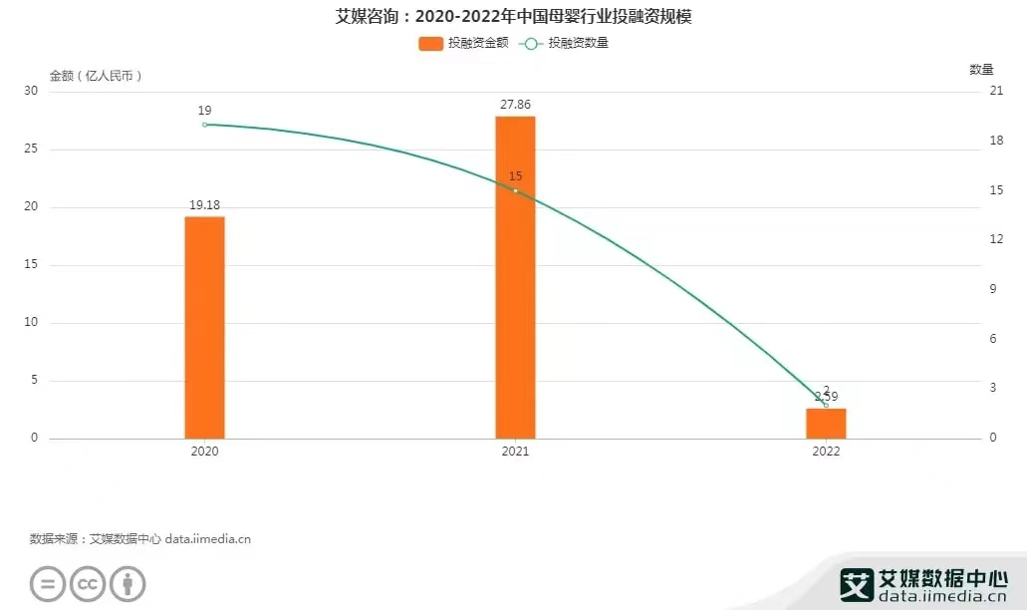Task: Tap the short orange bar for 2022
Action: pyautogui.click(x=826, y=423)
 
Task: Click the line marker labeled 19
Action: pyautogui.click(x=204, y=125)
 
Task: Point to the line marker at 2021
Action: pyautogui.click(x=515, y=190)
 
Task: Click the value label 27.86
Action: pyautogui.click(x=515, y=104)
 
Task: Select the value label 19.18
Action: pyautogui.click(x=204, y=205)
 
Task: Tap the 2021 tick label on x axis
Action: pyautogui.click(x=515, y=452)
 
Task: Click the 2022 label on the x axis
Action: pyautogui.click(x=826, y=452)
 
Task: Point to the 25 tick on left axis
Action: pyautogui.click(x=31, y=150)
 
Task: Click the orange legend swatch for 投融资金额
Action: pyautogui.click(x=431, y=43)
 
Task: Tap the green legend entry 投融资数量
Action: pyautogui.click(x=565, y=43)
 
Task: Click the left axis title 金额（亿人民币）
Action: pyautogui.click(x=97, y=76)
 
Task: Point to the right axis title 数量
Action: pyautogui.click(x=981, y=69)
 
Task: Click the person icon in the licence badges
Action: pyautogui.click(x=128, y=583)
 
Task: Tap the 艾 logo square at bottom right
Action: pyautogui.click(x=856, y=584)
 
